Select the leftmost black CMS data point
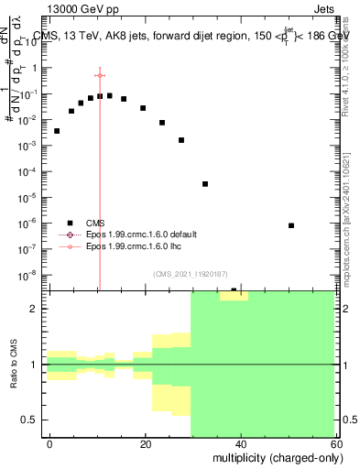57,131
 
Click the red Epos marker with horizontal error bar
100,75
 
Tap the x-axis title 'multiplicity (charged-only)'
272,455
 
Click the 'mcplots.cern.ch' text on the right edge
352,247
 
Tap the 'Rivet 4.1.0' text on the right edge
352,73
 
